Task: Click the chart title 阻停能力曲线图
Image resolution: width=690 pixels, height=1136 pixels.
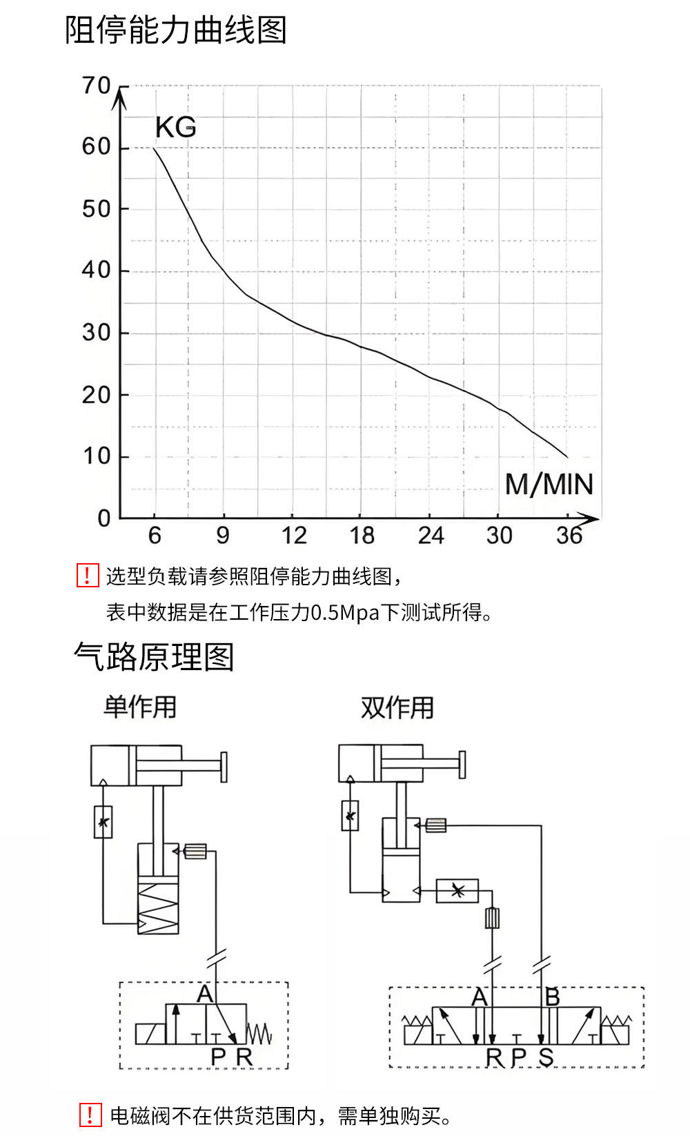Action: coord(175,30)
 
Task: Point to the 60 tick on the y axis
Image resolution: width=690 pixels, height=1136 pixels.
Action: coord(97,146)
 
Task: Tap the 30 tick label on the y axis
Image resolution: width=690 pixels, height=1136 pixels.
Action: coord(97,333)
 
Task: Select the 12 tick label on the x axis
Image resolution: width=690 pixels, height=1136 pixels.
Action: coord(293,535)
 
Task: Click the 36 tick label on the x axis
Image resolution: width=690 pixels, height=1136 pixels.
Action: coord(569,535)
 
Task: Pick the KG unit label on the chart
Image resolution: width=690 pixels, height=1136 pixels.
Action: coord(175,128)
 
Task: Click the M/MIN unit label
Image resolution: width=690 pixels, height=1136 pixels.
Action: coord(549,484)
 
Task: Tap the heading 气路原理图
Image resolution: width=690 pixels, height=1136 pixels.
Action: coord(154,656)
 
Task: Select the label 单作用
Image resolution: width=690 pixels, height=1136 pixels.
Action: coord(140,707)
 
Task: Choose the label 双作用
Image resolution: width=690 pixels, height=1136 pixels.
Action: coord(397,707)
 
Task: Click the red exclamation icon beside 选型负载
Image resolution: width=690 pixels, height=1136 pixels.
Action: coord(88,576)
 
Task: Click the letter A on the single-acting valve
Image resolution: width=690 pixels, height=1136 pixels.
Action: coord(205,994)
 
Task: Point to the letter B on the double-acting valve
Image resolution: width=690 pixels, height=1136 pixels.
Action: coord(552,997)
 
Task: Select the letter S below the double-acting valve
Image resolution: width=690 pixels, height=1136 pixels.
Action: coord(546,1057)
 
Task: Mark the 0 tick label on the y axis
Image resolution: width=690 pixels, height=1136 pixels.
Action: coord(103,518)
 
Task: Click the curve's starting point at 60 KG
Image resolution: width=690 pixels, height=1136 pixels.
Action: coord(153,148)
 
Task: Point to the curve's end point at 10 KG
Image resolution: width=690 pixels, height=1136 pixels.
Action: coord(567,457)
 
